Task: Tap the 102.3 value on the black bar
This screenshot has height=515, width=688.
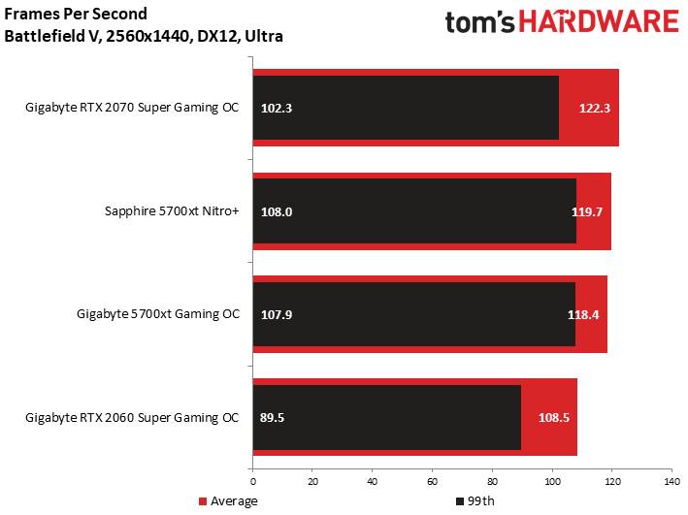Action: tap(277, 108)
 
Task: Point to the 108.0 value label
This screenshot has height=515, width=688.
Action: tap(277, 210)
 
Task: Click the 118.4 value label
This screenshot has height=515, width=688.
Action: tap(583, 314)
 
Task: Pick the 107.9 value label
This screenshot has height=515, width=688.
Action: tap(277, 314)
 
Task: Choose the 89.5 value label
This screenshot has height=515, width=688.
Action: tap(274, 418)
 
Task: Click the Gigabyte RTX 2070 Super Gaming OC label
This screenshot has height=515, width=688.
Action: tap(132, 108)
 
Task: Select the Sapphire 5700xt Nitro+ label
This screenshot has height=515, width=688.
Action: tap(171, 210)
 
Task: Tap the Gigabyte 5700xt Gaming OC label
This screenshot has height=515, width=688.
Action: tap(158, 314)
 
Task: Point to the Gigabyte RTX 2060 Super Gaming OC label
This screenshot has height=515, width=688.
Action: tap(132, 418)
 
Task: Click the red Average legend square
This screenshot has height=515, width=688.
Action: tap(203, 501)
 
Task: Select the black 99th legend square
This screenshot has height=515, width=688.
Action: tap(459, 501)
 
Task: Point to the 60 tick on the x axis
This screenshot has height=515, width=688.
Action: tap(432, 481)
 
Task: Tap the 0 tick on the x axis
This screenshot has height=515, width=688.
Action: tap(253, 481)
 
